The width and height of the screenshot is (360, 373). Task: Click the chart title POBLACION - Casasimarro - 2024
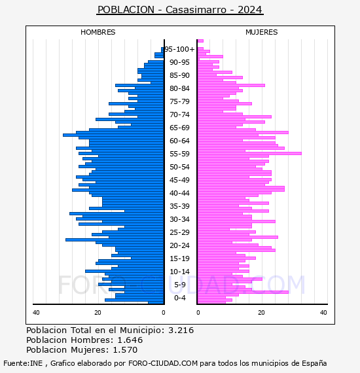click(x=180, y=10)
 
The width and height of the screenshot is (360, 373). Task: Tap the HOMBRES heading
click(x=98, y=32)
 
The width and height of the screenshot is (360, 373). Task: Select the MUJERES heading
click(x=262, y=32)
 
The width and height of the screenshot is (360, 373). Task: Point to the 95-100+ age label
click(x=180, y=49)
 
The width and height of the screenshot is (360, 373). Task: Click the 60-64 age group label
click(x=179, y=141)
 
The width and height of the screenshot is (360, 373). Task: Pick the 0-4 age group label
click(x=180, y=298)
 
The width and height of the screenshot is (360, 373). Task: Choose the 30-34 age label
click(x=179, y=219)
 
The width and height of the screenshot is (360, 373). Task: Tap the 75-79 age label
click(x=179, y=101)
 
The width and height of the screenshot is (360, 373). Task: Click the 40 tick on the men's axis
click(x=36, y=313)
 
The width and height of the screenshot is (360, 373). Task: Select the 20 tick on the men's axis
click(x=98, y=313)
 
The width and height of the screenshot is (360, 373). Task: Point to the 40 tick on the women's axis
click(x=323, y=313)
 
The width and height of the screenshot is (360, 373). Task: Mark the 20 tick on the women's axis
click(x=261, y=313)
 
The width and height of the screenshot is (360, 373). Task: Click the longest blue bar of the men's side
click(x=113, y=135)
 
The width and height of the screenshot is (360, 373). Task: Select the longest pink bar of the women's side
click(x=249, y=153)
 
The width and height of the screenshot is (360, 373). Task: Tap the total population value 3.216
click(x=181, y=330)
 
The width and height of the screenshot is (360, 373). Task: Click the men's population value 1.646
click(x=130, y=340)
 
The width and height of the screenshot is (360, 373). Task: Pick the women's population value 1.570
click(x=125, y=349)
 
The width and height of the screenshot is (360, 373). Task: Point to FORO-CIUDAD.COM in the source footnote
click(x=163, y=363)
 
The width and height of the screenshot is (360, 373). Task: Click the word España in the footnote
click(x=314, y=363)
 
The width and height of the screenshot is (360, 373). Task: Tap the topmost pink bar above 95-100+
click(x=200, y=41)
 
